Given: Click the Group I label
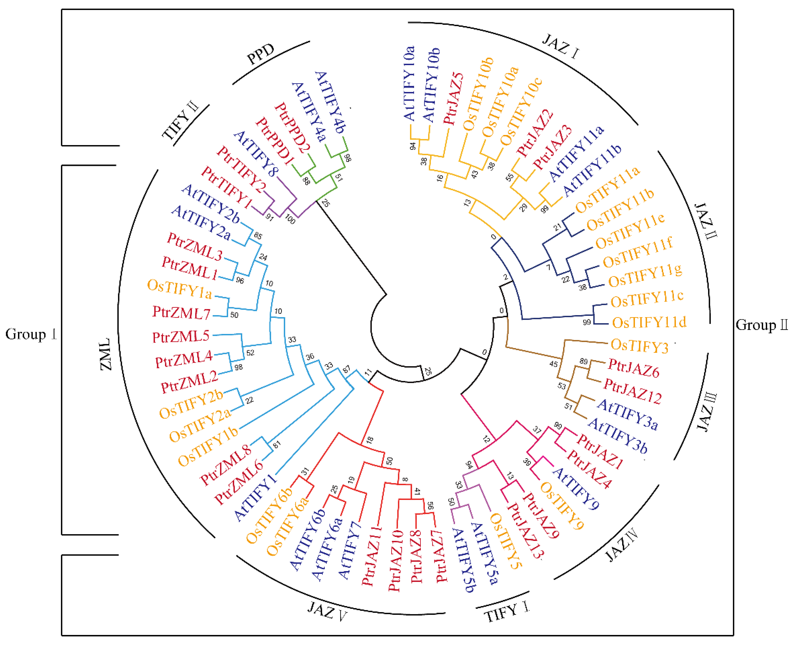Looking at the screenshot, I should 31,334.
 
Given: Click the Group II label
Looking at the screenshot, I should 762,325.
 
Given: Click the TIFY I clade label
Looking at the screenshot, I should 506,612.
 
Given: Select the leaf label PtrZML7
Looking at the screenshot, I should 181,313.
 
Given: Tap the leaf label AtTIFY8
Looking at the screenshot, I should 256,154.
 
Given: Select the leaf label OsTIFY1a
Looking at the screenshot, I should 179,289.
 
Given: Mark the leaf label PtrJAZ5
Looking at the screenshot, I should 453,98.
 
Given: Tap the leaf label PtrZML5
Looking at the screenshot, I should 181,337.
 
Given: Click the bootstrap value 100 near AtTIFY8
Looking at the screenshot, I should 290,219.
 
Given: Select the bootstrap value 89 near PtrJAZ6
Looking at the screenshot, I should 583,361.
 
